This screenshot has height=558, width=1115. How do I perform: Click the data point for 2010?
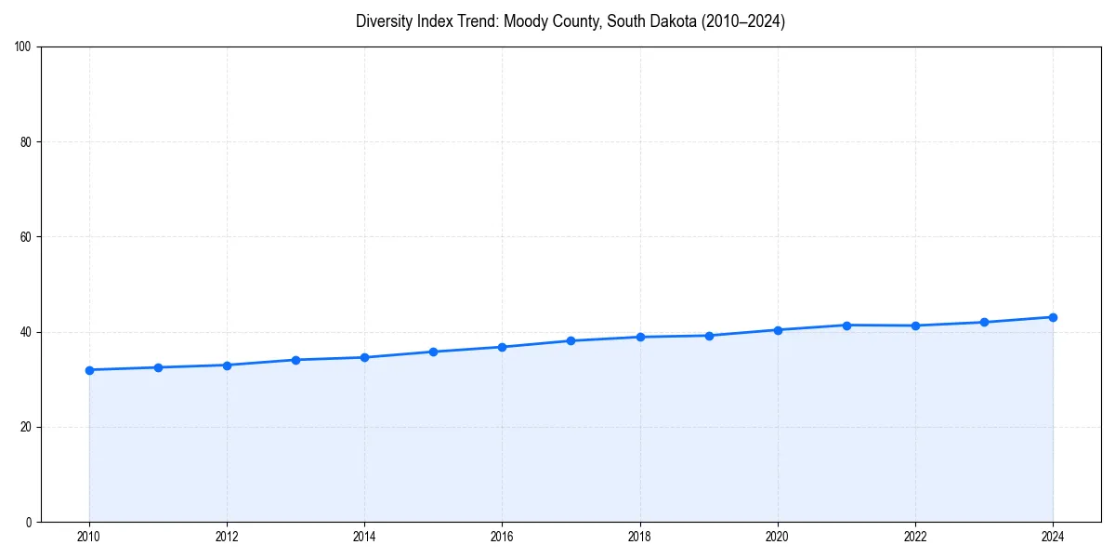coord(89,370)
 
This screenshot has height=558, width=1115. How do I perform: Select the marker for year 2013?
coord(295,360)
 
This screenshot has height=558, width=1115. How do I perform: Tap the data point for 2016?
coord(502,347)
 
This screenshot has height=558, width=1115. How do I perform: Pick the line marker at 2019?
coord(709,336)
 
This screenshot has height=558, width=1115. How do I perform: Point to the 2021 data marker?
coord(846,325)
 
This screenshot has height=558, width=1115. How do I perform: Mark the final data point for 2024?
coord(1053,317)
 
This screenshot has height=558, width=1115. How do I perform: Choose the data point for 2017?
coord(571,340)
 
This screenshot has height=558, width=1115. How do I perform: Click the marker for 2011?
coord(158,367)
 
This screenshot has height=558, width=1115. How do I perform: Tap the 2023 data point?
coord(984,322)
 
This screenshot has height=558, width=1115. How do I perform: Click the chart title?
coord(571,21)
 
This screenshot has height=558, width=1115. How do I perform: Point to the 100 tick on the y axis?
coord(24,47)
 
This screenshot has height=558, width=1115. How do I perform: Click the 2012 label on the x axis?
coord(227,536)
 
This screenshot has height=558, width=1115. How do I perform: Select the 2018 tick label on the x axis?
coord(639,536)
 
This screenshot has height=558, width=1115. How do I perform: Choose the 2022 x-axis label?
coord(915,536)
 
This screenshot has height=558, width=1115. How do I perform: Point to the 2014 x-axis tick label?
coord(364,536)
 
